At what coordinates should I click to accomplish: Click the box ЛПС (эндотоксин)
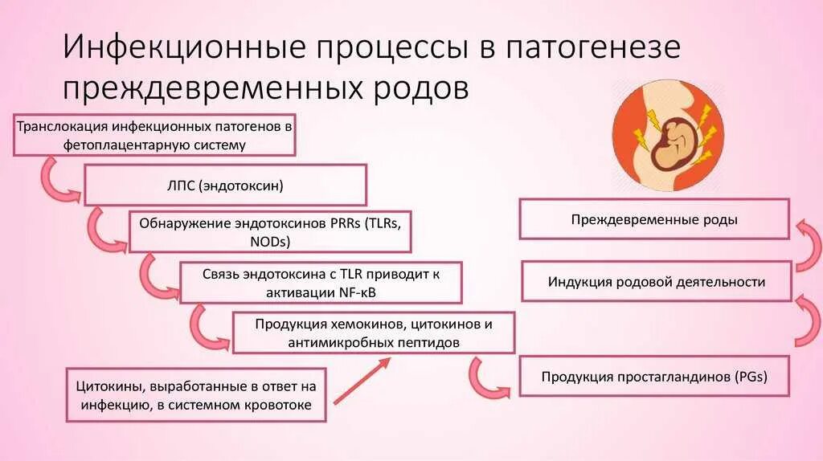click(225, 186)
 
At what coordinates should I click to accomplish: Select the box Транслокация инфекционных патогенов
click(154, 136)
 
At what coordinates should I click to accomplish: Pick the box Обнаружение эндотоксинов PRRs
click(270, 232)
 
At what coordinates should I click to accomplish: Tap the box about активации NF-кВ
click(321, 283)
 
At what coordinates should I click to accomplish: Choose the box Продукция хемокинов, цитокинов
click(374, 332)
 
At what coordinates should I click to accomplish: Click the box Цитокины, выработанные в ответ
click(196, 394)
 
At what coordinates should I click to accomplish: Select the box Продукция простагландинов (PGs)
click(655, 376)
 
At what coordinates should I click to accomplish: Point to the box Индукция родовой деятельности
click(656, 282)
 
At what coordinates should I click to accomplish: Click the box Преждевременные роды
click(654, 219)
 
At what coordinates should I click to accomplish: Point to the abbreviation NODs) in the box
click(270, 241)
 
